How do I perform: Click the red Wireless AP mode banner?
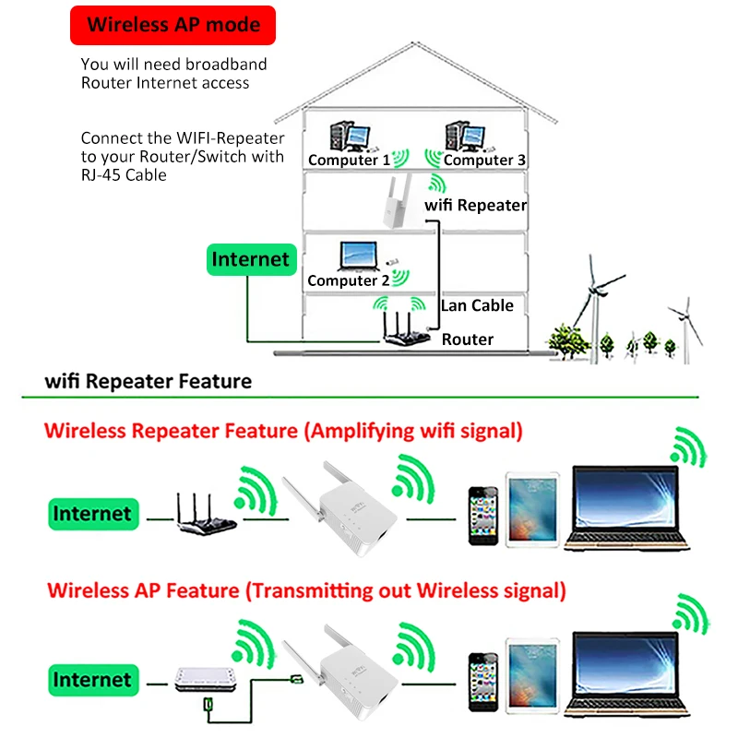(x=174, y=25)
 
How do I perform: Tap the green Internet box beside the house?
(x=250, y=259)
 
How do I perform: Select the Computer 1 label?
(x=342, y=160)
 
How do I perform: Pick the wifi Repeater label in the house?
(x=475, y=205)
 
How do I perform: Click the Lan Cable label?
(x=477, y=305)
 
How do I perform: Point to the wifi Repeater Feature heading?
(x=148, y=381)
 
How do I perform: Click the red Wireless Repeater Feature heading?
(x=283, y=430)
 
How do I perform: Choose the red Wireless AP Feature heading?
(x=305, y=589)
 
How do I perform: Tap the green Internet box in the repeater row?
(x=90, y=514)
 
